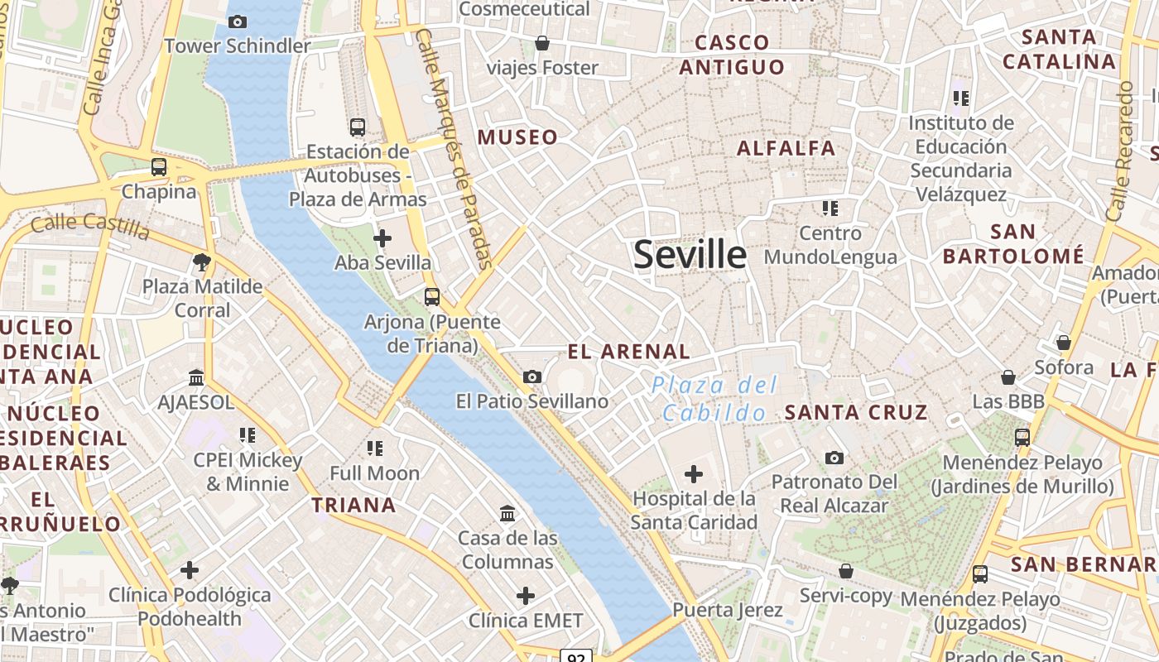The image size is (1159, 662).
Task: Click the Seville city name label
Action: point(690,255)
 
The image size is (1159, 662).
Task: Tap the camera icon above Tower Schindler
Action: point(238,22)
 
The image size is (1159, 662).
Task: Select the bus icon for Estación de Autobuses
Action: point(358,127)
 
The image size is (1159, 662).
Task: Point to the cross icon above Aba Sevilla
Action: point(382,239)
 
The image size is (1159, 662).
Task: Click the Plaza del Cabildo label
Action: point(714,398)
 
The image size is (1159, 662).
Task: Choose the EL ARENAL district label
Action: point(628,352)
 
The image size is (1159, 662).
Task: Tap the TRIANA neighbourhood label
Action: point(353,505)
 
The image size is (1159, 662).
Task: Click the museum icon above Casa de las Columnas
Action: point(507,514)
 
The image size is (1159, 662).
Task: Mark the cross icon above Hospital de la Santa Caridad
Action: point(694,474)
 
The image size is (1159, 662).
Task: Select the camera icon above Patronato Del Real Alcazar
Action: point(834,458)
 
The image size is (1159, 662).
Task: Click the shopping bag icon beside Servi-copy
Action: point(845,571)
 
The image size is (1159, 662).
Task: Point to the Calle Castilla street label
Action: point(90,225)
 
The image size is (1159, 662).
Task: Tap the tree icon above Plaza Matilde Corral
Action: point(201,263)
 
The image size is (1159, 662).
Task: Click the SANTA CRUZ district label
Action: point(855,412)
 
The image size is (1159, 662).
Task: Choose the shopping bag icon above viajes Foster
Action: point(542,43)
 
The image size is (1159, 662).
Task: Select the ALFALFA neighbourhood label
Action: point(786,148)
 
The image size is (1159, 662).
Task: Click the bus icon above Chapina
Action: point(159,167)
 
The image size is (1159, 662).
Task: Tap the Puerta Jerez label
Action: point(727,611)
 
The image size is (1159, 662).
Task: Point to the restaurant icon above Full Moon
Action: point(375,449)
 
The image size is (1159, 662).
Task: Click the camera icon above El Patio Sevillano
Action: point(532,377)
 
